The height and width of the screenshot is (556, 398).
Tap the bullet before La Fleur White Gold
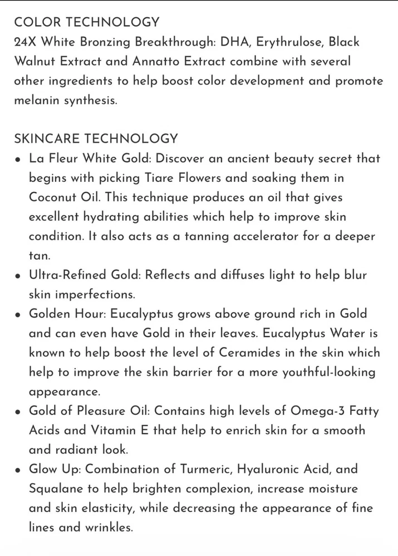point(18,159)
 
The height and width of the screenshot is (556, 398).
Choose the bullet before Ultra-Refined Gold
point(18,276)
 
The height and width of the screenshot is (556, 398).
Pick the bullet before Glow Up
point(18,470)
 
